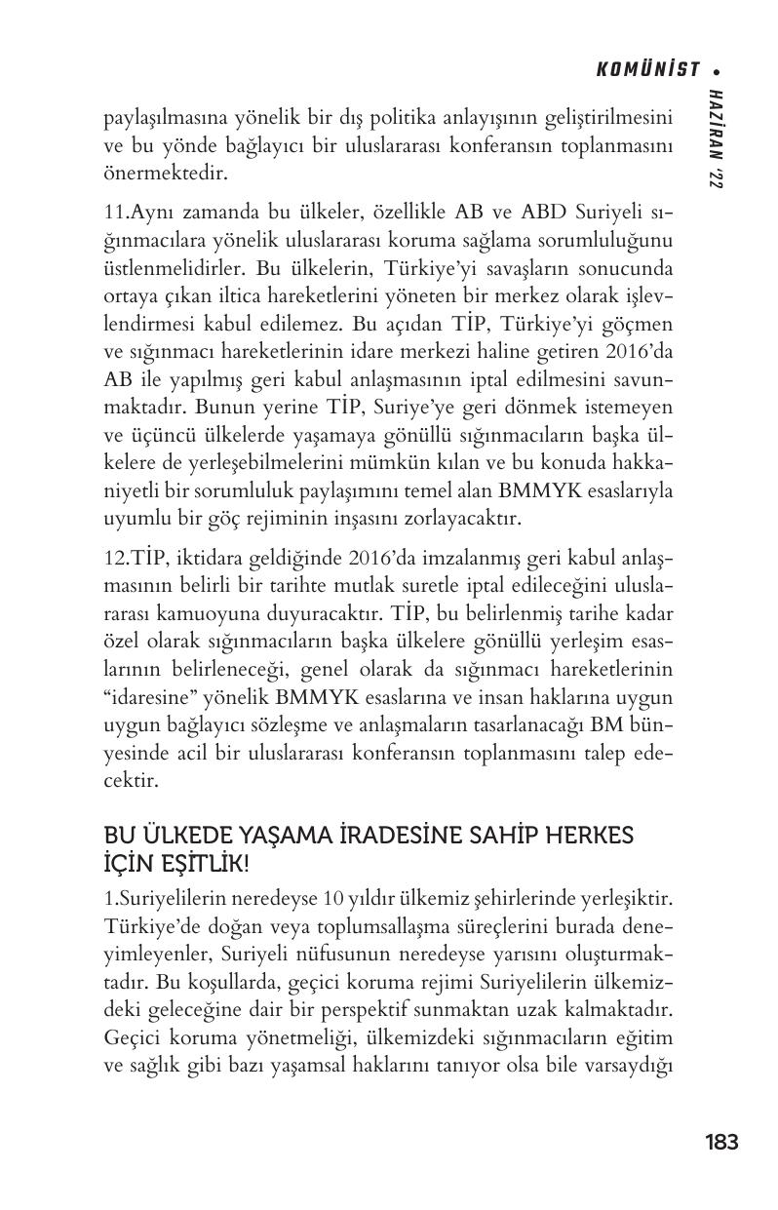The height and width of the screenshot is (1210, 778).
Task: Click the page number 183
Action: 720,1142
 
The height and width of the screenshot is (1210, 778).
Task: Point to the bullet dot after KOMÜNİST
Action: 717,70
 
